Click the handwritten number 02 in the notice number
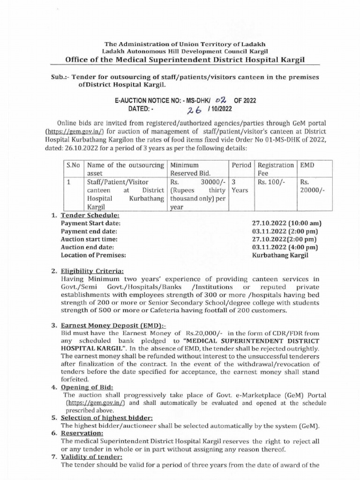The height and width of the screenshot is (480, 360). click(220, 100)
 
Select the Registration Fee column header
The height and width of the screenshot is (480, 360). click(276, 169)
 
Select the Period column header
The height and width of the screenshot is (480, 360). click(242, 165)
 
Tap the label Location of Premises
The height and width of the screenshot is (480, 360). click(94, 255)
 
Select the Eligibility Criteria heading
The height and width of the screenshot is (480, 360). click(92, 271)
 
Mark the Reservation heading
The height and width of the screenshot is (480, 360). click(82, 433)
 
